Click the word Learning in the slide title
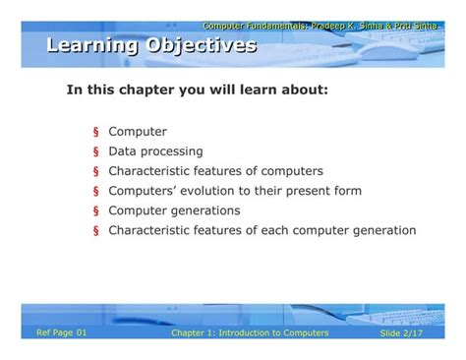click(x=91, y=45)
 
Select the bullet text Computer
click(x=138, y=132)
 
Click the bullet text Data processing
click(x=155, y=151)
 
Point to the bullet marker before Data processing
click(x=96, y=152)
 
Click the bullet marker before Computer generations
click(x=96, y=211)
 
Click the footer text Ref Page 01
click(x=62, y=333)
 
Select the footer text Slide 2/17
click(x=405, y=334)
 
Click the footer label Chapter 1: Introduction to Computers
click(x=250, y=333)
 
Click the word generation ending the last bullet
click(x=381, y=231)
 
